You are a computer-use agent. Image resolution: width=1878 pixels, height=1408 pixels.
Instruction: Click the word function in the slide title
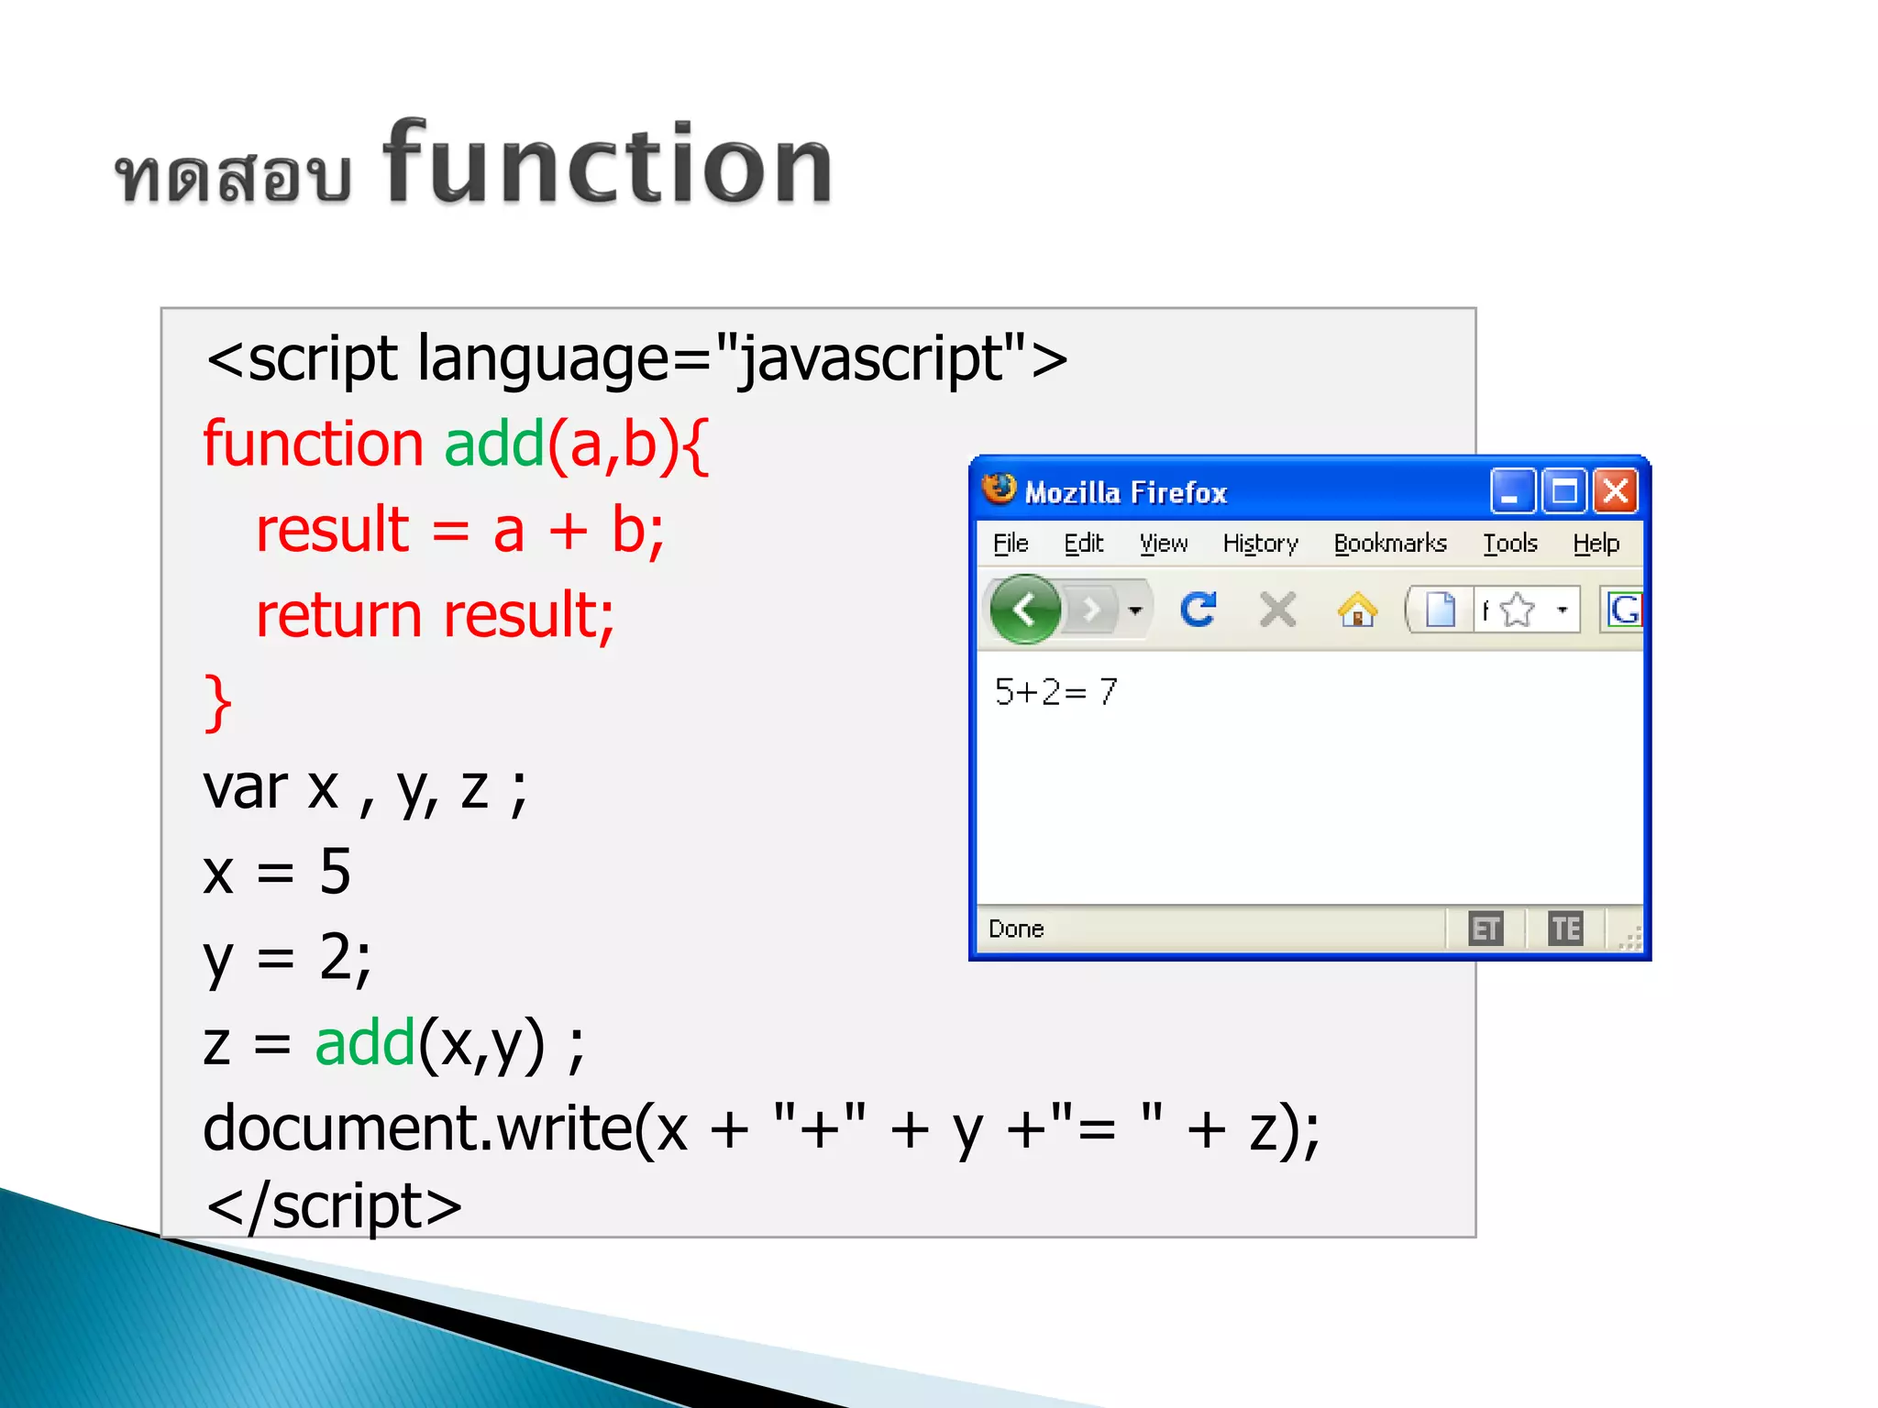tap(607, 165)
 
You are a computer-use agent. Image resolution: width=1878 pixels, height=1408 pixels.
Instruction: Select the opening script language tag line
tap(636, 359)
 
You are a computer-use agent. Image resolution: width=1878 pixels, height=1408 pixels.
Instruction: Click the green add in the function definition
tap(494, 445)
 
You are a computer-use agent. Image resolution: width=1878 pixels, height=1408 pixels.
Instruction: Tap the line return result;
tap(435, 615)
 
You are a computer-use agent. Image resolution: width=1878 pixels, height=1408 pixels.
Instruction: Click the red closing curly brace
tap(217, 703)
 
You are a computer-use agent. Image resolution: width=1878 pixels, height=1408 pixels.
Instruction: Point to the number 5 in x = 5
tap(335, 872)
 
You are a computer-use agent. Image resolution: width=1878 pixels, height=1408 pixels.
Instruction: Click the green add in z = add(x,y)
tap(365, 1044)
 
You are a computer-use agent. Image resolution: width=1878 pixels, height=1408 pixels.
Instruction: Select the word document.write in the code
tap(417, 1128)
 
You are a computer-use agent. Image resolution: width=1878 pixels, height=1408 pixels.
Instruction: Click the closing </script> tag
tap(334, 1206)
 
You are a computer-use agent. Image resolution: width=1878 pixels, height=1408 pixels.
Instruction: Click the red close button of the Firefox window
tap(1616, 492)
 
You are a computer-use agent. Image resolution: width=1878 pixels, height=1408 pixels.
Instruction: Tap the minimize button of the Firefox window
tap(1511, 492)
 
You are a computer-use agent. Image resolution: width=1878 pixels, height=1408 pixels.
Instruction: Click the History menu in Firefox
tap(1260, 544)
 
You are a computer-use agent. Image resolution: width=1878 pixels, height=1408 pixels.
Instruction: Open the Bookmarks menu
tap(1389, 544)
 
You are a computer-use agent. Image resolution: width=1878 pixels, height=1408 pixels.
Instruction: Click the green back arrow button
tap(1025, 609)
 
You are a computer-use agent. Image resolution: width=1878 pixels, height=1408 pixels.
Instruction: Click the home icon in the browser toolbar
tap(1357, 610)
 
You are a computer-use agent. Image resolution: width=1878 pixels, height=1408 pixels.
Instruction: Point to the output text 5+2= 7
tap(1055, 692)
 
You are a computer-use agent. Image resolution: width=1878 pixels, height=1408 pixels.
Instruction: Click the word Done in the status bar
tap(1016, 929)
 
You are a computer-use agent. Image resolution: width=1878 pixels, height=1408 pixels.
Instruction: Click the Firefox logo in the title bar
tap(999, 489)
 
